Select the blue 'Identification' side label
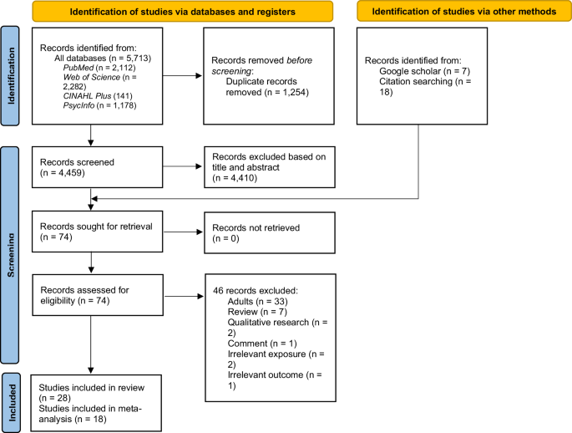pos(11,75)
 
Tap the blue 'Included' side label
pos(11,399)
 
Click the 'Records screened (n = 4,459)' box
pos(99,166)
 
